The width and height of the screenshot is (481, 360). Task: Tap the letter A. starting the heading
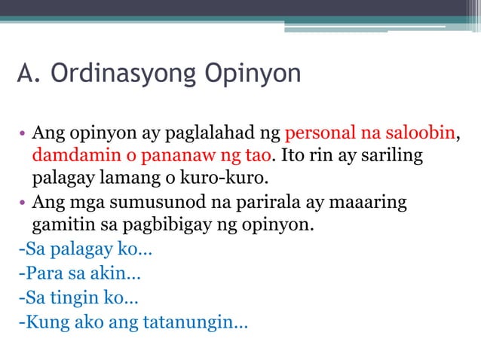(28, 75)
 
